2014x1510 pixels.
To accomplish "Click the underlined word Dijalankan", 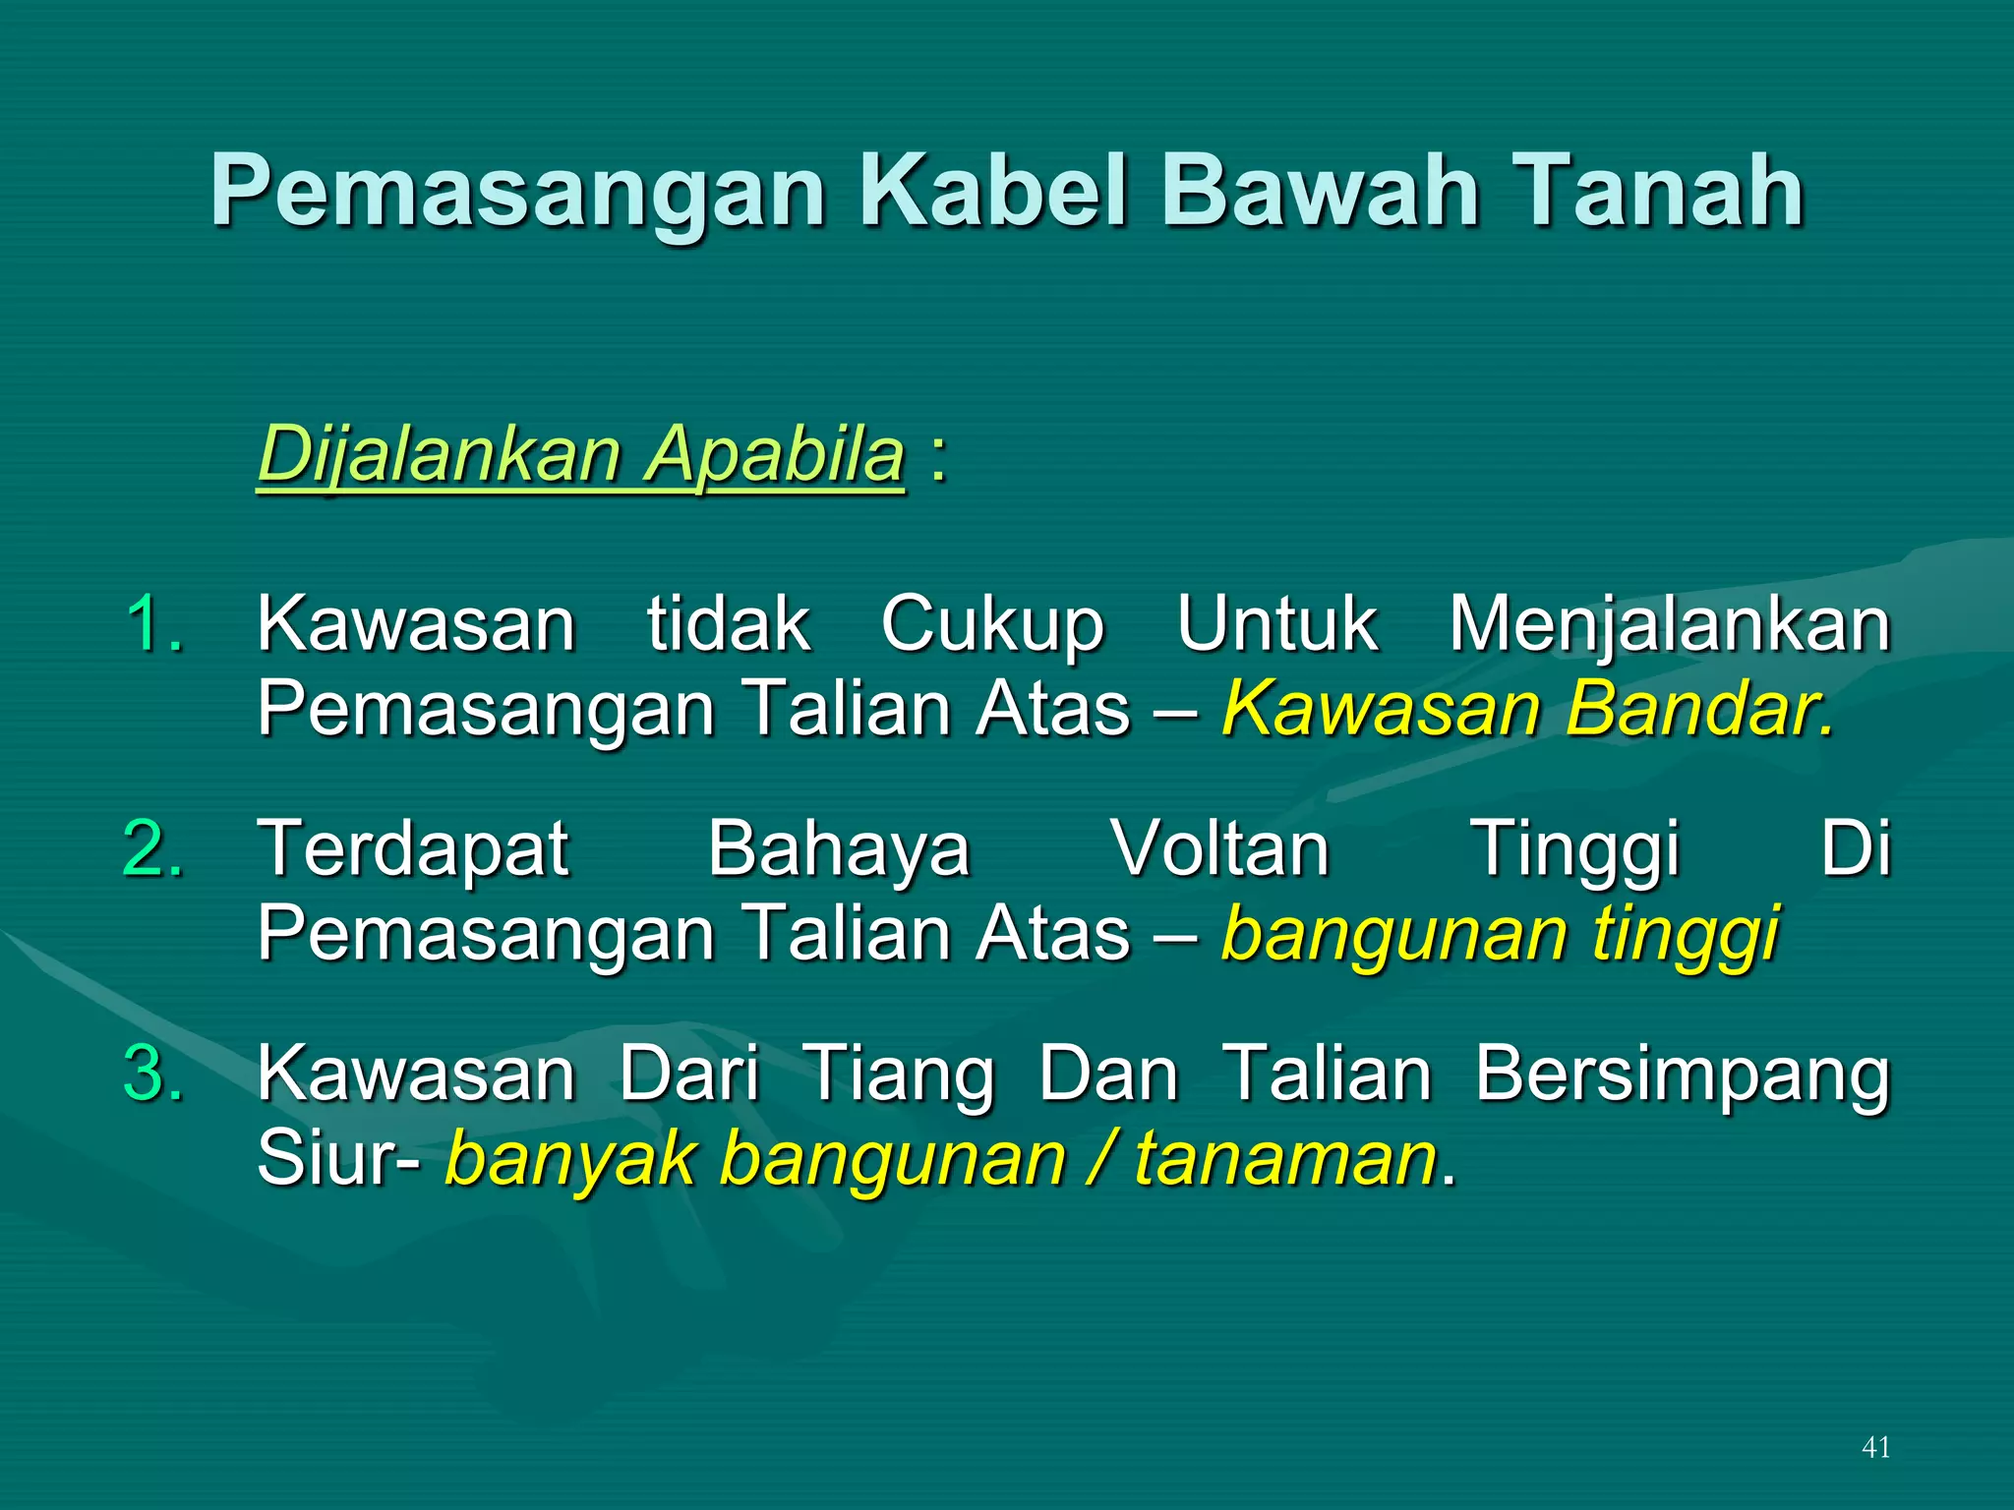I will coord(438,455).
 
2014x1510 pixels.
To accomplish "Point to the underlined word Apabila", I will coord(773,455).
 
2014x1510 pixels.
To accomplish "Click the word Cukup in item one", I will coord(993,625).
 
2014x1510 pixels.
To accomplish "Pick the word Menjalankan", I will coord(1669,625).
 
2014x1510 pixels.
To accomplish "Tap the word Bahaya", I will coord(839,849).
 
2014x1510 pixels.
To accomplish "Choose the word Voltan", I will coord(1220,849).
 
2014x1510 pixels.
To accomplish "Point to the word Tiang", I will coord(899,1074).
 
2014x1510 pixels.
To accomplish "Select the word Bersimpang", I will coord(1682,1074).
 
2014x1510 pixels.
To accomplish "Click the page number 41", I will coord(1875,1447).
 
